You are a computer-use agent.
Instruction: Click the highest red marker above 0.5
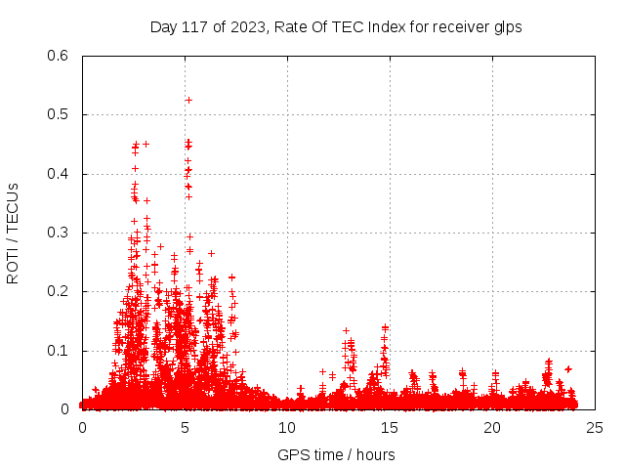pos(188,100)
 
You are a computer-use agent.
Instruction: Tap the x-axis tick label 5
pos(185,428)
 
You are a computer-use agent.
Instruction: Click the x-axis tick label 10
pos(287,428)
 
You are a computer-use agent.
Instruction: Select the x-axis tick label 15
pos(390,428)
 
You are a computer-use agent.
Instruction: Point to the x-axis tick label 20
pos(492,428)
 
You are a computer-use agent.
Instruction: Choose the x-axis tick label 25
pos(595,428)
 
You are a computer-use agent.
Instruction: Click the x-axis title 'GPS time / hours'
pos(336,454)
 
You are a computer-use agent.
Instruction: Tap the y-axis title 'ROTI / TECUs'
pos(13,233)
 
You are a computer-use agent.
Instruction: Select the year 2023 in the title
pos(244,26)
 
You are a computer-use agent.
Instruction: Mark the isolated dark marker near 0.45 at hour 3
pos(146,144)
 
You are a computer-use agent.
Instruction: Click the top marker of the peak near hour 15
pos(385,327)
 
